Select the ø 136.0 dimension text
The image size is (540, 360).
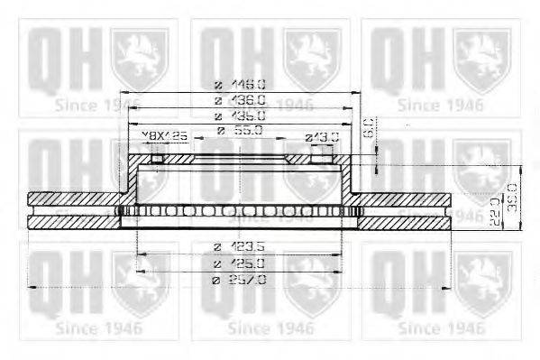coord(240,100)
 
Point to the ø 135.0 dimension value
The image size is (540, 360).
coord(240,116)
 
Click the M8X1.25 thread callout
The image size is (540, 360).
coord(165,135)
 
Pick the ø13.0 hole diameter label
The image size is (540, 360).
coord(321,136)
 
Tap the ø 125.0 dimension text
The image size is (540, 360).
coord(239,262)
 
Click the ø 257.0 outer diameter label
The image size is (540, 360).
coord(239,280)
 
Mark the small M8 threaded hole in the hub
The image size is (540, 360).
coord(157,160)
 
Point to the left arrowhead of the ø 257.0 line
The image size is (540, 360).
coord(32,287)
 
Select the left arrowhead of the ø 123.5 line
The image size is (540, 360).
coord(137,254)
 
